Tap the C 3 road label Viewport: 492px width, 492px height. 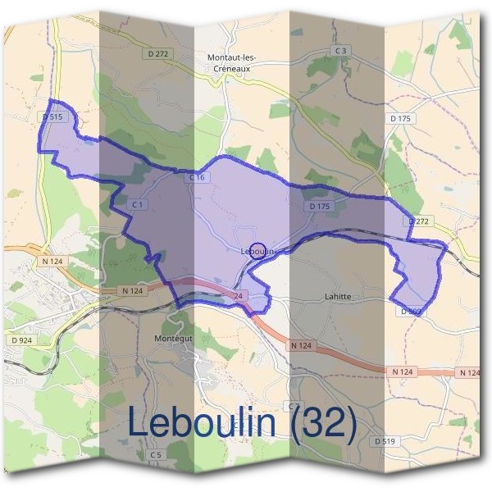coord(342,51)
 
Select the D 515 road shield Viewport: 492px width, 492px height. coord(52,118)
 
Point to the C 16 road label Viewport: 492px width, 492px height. coord(196,177)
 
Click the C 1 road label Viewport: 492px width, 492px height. coord(138,203)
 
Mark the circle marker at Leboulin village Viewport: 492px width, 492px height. coord(257,251)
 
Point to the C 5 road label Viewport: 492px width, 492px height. coord(157,453)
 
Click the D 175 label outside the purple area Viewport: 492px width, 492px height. coord(400,120)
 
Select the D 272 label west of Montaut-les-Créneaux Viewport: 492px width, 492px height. coord(159,54)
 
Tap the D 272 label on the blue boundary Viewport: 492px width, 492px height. coord(418,221)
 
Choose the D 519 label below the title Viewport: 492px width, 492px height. coord(385,441)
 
